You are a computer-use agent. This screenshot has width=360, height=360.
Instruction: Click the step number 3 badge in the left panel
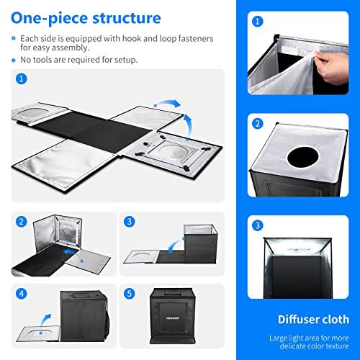(130, 221)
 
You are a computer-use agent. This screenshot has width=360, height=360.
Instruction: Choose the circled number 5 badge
(130, 293)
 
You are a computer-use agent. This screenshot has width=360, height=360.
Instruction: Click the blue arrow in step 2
(68, 253)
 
